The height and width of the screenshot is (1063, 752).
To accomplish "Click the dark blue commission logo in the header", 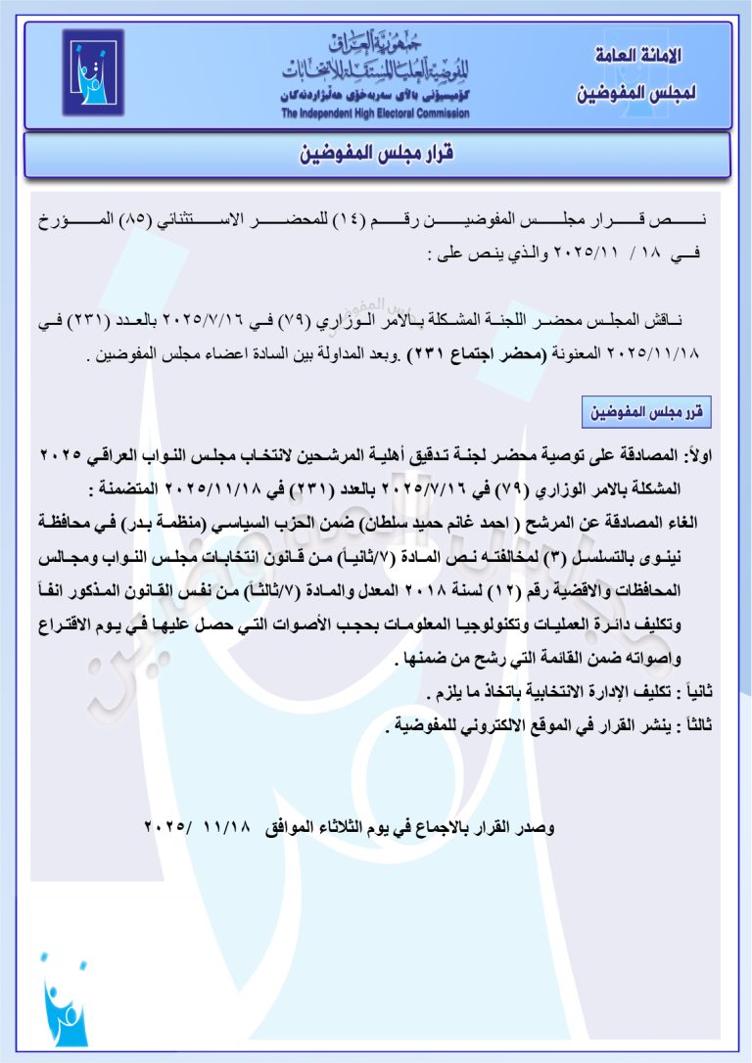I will pos(93,73).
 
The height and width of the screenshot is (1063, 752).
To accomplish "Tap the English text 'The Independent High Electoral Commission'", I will pos(375,114).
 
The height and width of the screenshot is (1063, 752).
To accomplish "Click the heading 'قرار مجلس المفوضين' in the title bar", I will pos(376,156).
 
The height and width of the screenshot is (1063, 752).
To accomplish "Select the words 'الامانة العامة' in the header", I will pos(639,56).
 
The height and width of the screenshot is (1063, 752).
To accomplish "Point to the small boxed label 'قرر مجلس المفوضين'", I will pos(643,412).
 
